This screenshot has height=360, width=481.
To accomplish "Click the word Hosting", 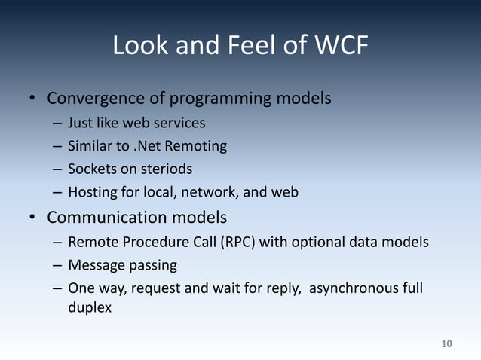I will [x=92, y=192].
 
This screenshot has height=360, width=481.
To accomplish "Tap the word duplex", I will [x=90, y=307].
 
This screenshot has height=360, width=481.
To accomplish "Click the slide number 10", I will [x=446, y=344].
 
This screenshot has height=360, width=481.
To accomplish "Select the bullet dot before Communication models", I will [x=33, y=219].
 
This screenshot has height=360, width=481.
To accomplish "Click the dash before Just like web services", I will [x=57, y=122].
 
